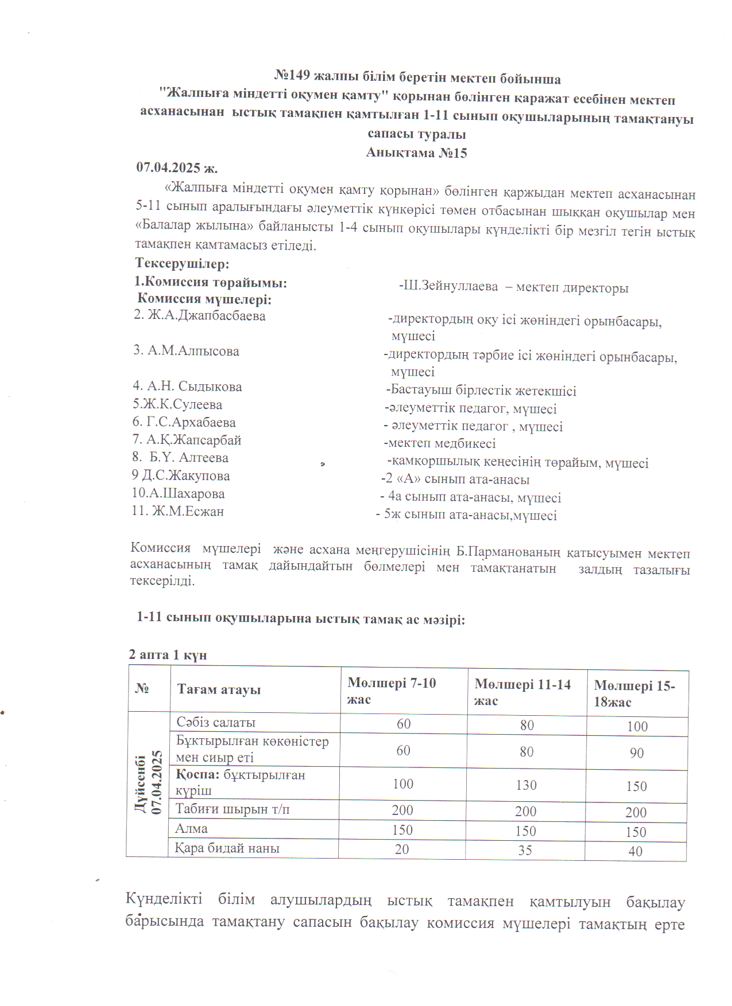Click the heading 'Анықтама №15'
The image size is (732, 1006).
(x=416, y=153)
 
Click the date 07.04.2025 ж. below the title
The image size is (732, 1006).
(x=177, y=168)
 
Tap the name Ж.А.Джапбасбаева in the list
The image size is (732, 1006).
(x=206, y=315)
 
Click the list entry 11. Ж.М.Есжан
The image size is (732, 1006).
(x=178, y=511)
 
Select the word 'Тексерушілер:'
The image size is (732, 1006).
(x=182, y=264)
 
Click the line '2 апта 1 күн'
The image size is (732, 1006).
(x=168, y=654)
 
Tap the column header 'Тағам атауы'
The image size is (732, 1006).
(x=219, y=689)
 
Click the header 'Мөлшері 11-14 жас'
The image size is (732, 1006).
(x=522, y=692)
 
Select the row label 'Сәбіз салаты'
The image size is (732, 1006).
(x=216, y=723)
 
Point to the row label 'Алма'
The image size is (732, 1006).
(x=191, y=829)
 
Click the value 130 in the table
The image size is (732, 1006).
(x=526, y=785)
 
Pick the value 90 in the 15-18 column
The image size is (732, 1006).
(x=636, y=753)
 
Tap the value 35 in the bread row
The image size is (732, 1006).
(x=525, y=851)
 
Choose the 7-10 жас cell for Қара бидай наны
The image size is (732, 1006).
(x=402, y=849)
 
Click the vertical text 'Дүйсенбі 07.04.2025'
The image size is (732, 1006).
(x=149, y=783)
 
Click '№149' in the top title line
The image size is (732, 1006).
(x=292, y=75)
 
